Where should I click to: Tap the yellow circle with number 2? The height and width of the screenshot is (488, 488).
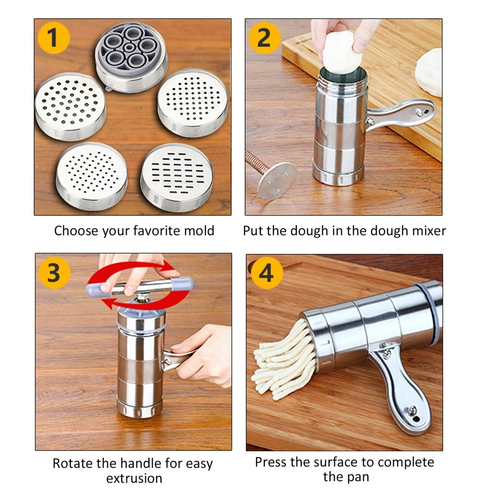coord(264,38)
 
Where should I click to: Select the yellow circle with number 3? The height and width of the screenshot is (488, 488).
coord(54,273)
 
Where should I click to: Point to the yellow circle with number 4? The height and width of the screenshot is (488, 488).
coord(265,273)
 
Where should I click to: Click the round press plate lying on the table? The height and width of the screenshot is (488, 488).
coord(277,180)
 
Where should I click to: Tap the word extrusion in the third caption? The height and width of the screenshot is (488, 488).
coord(134,478)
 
